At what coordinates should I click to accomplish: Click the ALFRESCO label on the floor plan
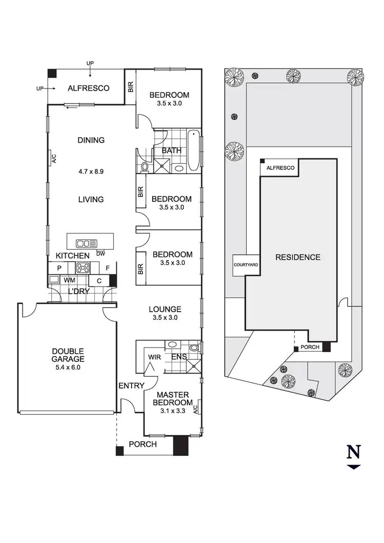tap(89, 88)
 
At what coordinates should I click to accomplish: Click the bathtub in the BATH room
tap(194, 151)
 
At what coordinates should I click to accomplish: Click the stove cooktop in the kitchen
tap(83, 267)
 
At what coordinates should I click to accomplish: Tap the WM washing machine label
tap(69, 280)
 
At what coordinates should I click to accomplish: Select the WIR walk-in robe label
tap(154, 356)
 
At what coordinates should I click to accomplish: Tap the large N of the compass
tap(354, 452)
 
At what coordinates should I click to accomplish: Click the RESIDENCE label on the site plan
tap(297, 257)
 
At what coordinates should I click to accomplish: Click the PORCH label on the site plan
tap(310, 347)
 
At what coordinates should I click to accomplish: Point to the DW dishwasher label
tap(100, 253)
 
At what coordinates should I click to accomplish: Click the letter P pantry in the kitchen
tap(59, 267)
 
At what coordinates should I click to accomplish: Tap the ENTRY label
tap(132, 385)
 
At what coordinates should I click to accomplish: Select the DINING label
tap(91, 140)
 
